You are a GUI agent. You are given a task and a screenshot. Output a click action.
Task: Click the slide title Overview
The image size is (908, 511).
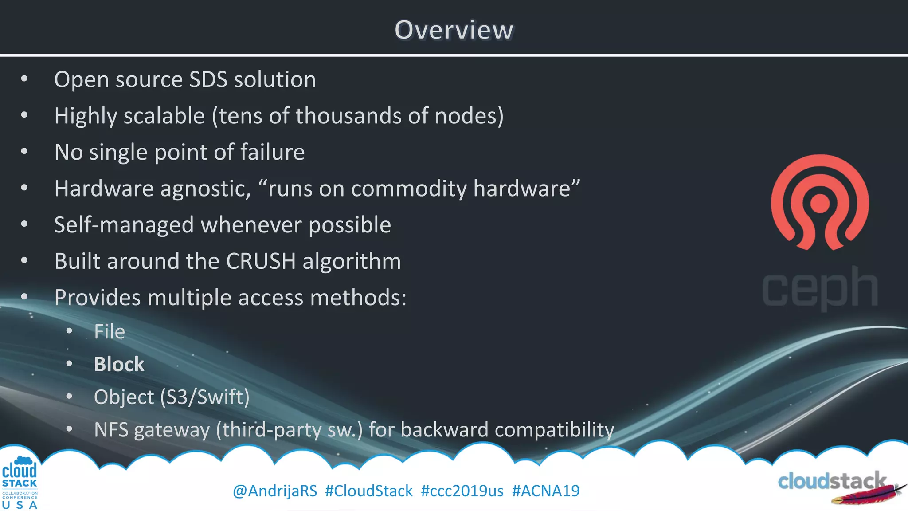[x=454, y=30]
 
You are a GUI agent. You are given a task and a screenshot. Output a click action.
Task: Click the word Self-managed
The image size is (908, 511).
[x=124, y=225]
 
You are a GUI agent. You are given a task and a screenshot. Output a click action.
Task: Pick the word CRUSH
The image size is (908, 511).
[x=261, y=261]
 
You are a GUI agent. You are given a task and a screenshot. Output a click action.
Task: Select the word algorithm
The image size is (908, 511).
[x=352, y=262]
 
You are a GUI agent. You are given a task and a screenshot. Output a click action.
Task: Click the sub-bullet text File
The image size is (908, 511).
[x=110, y=332]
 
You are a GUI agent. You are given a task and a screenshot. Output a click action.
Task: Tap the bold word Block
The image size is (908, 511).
[x=119, y=365]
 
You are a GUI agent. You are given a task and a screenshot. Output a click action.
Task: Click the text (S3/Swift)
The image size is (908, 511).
[x=205, y=397]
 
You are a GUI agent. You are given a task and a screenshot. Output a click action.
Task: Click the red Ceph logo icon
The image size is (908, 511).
[x=820, y=202]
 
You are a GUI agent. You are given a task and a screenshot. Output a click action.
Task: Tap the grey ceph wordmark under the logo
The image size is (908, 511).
[x=820, y=288]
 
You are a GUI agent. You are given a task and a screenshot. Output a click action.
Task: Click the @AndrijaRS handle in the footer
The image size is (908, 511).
[x=275, y=491]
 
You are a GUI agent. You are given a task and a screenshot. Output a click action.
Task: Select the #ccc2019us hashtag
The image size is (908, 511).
[x=462, y=491]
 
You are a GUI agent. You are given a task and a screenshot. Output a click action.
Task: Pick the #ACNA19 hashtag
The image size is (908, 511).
[x=546, y=491]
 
